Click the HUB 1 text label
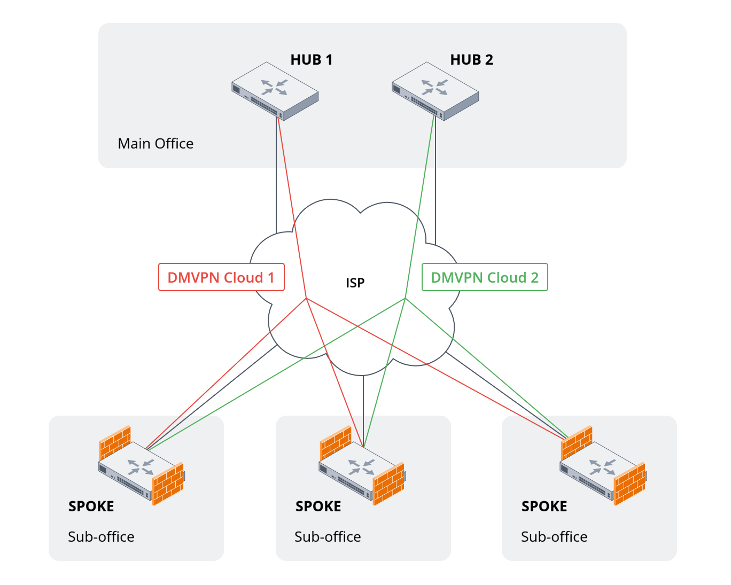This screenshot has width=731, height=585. tap(312, 60)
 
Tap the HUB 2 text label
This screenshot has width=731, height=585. tap(471, 60)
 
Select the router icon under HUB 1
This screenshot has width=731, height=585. tap(275, 91)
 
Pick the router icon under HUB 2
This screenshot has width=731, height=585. tap(435, 91)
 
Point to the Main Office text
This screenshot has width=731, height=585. tap(155, 144)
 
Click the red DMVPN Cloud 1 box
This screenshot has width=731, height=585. tap(221, 277)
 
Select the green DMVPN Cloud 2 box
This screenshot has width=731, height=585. tap(485, 277)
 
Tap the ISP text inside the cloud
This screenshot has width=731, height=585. tap(355, 283)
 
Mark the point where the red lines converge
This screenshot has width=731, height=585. tap(306, 298)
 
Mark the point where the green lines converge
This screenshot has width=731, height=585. tap(406, 298)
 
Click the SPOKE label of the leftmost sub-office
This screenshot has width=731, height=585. tap(91, 506)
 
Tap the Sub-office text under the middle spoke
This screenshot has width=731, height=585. tap(328, 537)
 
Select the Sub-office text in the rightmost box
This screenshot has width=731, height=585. tap(554, 537)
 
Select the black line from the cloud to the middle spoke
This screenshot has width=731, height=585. tap(363, 406)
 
